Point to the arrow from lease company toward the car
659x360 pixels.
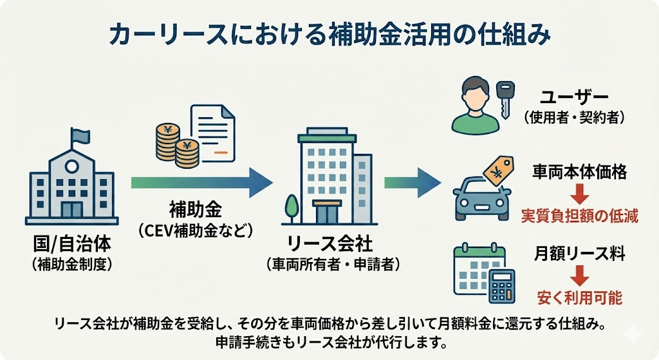click(413, 183)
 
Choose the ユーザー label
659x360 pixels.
click(575, 98)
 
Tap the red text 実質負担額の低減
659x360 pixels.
click(580, 216)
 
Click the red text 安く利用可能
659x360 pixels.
click(580, 299)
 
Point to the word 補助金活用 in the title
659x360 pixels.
click(374, 35)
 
